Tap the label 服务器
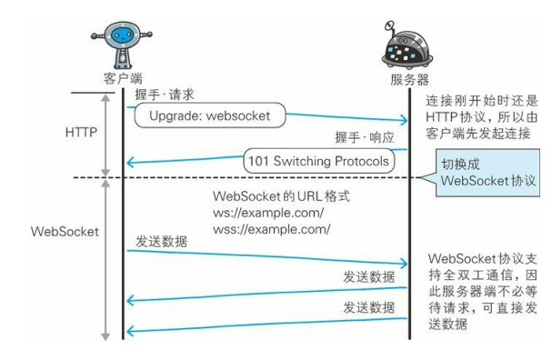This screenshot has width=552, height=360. pos(410,81)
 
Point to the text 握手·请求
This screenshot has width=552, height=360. pos(165,94)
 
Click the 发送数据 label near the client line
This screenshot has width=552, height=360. pos(163,244)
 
